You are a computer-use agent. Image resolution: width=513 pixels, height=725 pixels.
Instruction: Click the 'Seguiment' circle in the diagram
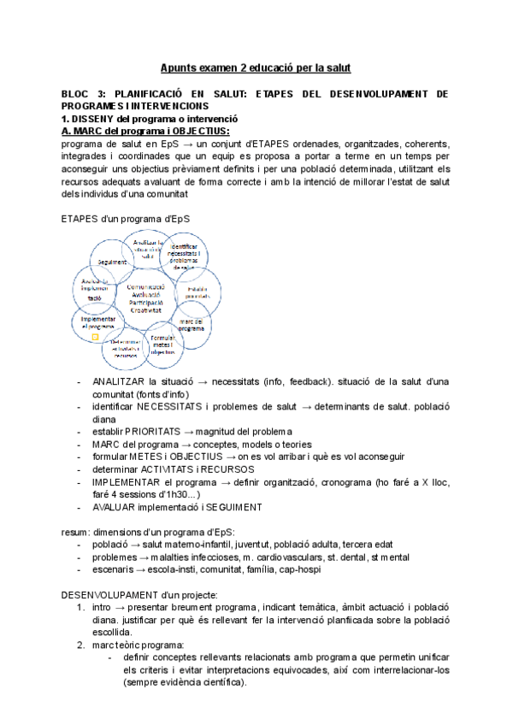tap(112, 262)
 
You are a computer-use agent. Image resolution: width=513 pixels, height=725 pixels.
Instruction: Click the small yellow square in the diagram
tap(96, 338)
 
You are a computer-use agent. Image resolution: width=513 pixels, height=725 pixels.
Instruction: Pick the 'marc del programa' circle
tap(192, 324)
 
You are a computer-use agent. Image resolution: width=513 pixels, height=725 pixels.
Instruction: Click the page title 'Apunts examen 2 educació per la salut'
tap(256, 67)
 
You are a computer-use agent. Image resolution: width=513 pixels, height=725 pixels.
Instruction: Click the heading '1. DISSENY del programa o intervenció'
tap(150, 119)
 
